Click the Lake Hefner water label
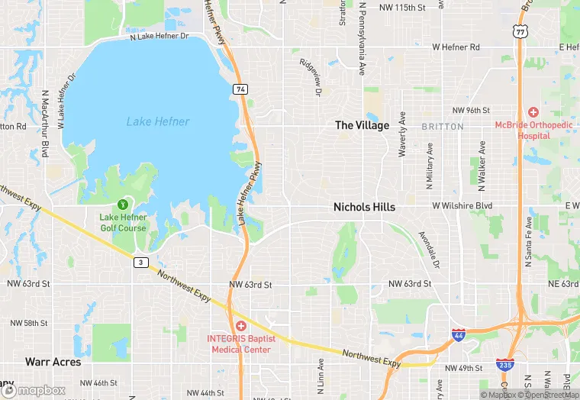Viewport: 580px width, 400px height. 158,121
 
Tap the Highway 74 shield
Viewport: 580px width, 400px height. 240,89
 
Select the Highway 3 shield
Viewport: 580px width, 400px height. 140,263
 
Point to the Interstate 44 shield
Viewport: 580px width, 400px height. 458,336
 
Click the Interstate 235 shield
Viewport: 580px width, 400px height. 504,365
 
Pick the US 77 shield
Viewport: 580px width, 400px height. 520,31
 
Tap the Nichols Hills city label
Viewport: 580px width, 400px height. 364,207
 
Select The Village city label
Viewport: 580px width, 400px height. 362,125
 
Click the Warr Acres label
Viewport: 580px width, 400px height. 53,361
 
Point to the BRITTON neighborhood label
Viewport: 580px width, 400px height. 442,126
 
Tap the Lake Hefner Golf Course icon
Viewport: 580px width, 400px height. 123,205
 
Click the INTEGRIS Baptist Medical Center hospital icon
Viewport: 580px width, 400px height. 240,326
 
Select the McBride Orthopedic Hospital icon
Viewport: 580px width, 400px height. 533,112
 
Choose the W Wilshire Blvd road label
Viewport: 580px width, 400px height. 462,206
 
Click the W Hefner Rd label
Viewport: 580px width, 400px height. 456,47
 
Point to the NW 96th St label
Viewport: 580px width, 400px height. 471,110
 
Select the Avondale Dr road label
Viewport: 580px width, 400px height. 430,250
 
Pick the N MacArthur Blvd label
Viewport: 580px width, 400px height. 45,123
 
